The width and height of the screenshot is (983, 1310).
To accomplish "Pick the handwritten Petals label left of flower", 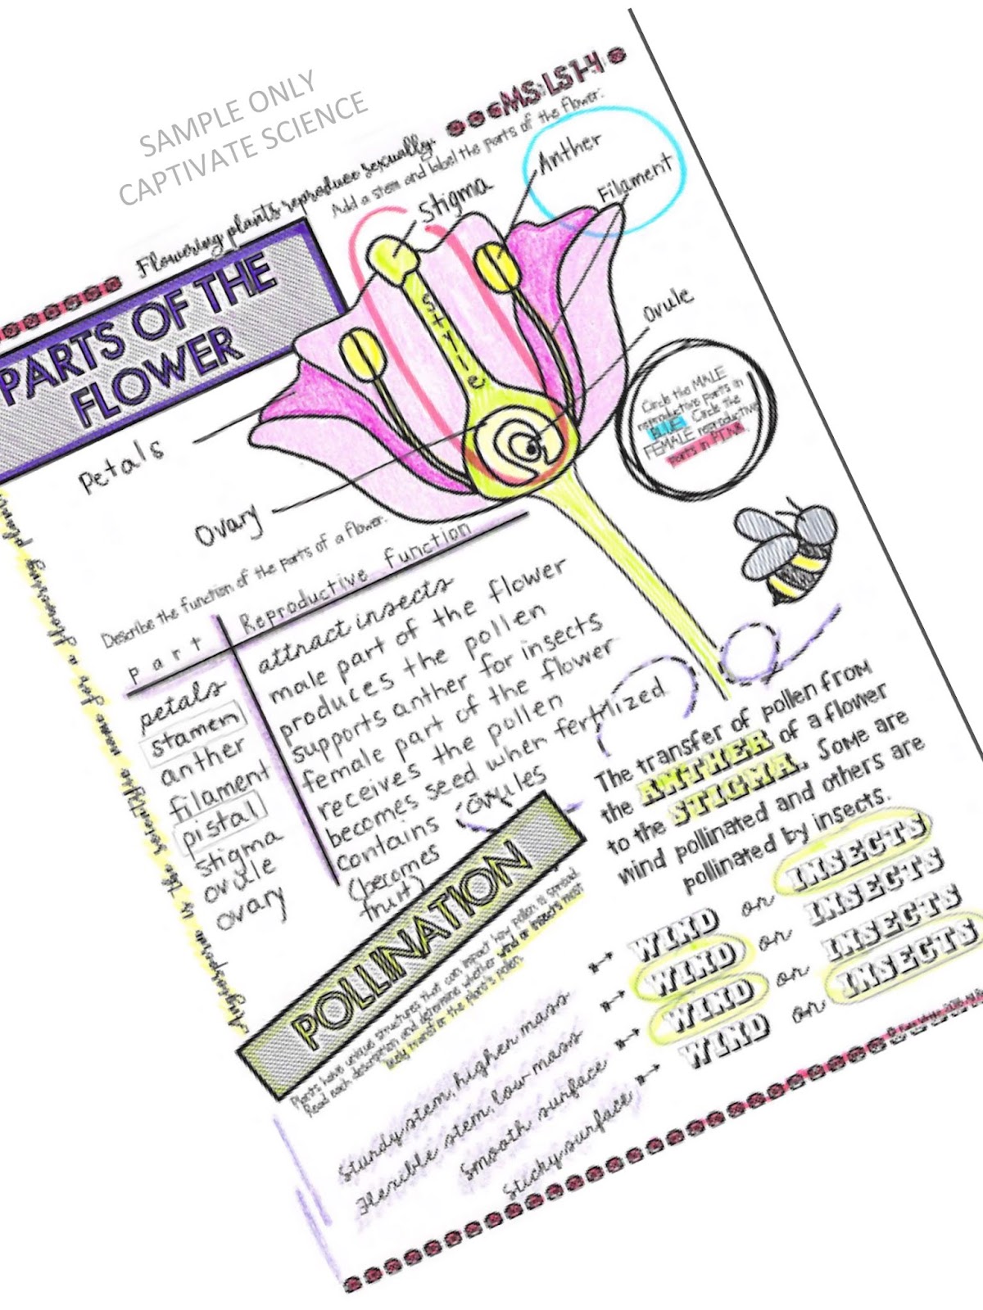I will [x=121, y=466].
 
